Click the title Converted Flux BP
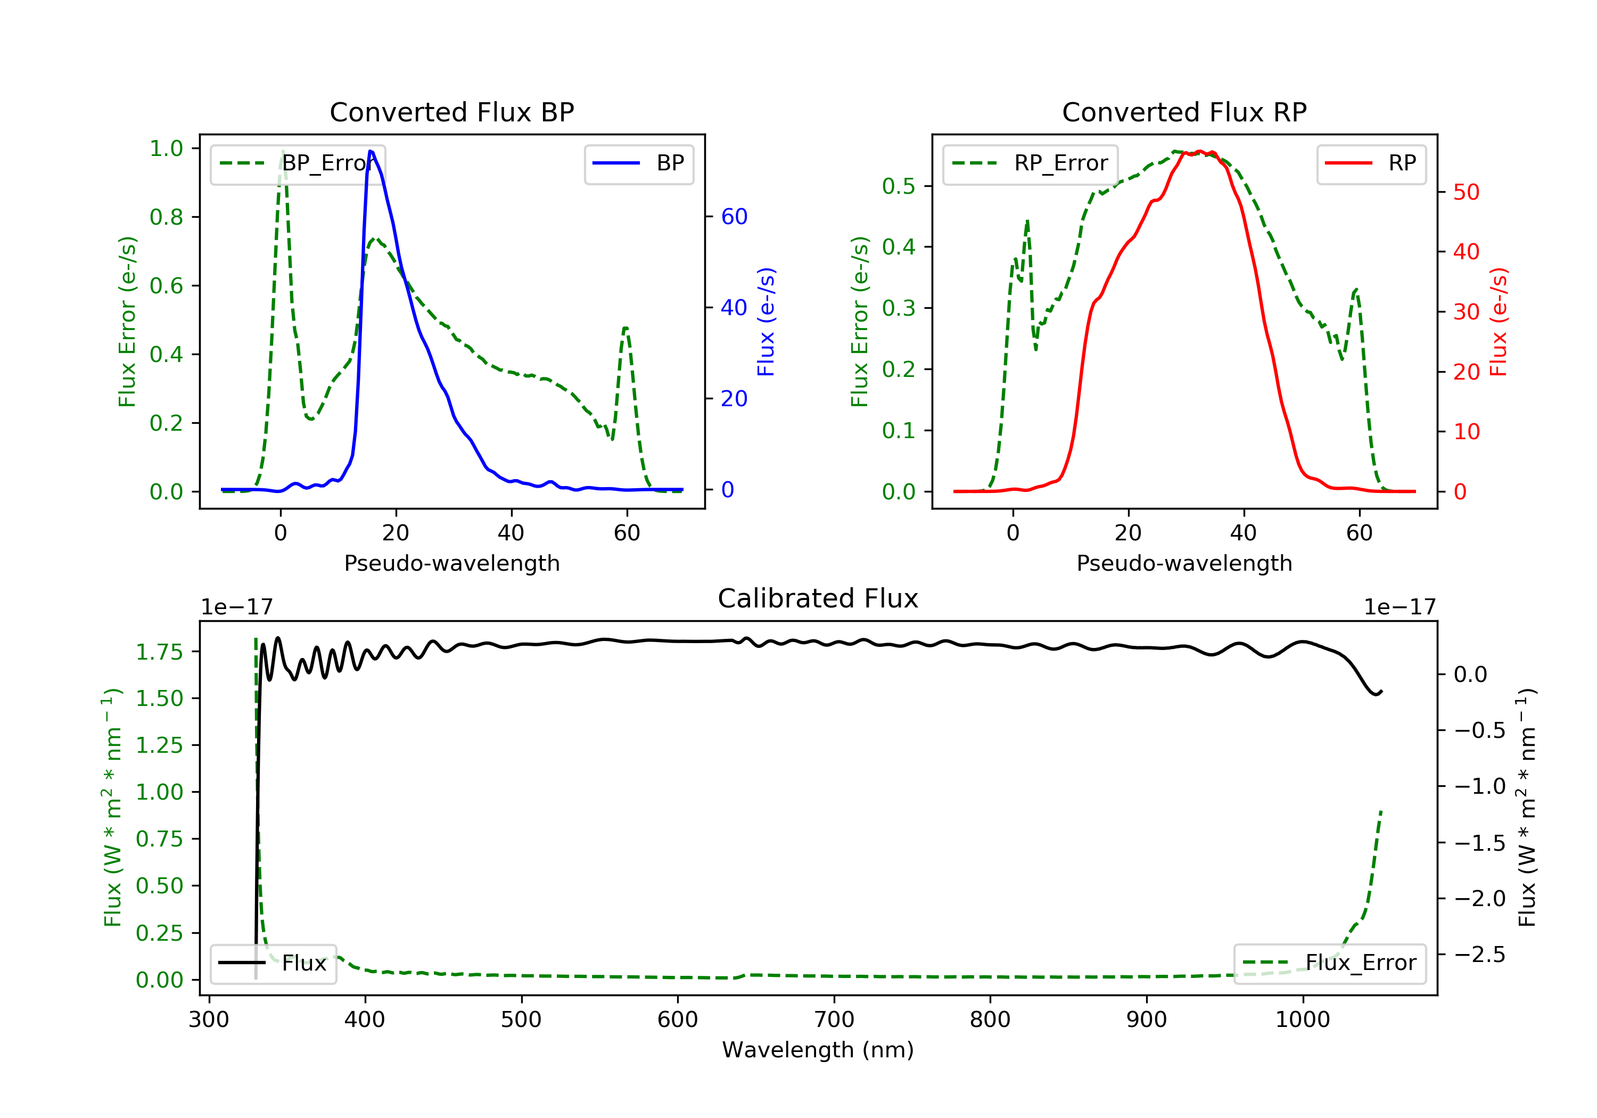pyautogui.click(x=451, y=112)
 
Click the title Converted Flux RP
pyautogui.click(x=1184, y=112)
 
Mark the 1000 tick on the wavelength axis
pyautogui.click(x=1302, y=1020)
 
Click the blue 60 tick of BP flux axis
pyautogui.click(x=734, y=217)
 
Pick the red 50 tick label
pyautogui.click(x=1466, y=193)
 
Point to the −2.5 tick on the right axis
pyautogui.click(x=1479, y=955)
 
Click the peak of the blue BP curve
pyautogui.click(x=371, y=151)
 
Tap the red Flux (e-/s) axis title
pyautogui.click(x=1498, y=322)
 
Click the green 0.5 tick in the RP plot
pyautogui.click(x=898, y=186)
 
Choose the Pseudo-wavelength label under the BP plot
pyautogui.click(x=451, y=563)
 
